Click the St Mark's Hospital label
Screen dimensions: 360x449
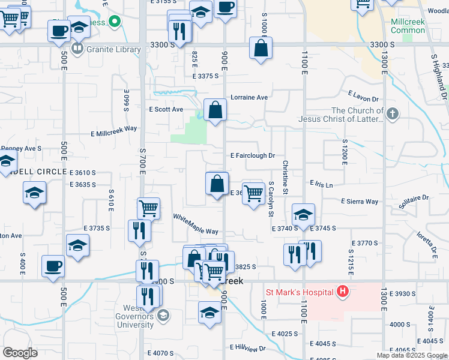point(299,292)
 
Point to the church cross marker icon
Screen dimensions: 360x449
point(393,114)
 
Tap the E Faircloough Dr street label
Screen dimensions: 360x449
point(253,155)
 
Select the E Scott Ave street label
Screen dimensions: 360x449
point(166,109)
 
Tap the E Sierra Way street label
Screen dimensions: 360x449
point(360,202)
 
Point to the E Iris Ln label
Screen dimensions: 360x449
point(321,184)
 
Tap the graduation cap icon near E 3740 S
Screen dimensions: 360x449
point(304,214)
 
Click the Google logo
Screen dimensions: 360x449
point(20,352)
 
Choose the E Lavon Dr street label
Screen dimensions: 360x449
point(364,96)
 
